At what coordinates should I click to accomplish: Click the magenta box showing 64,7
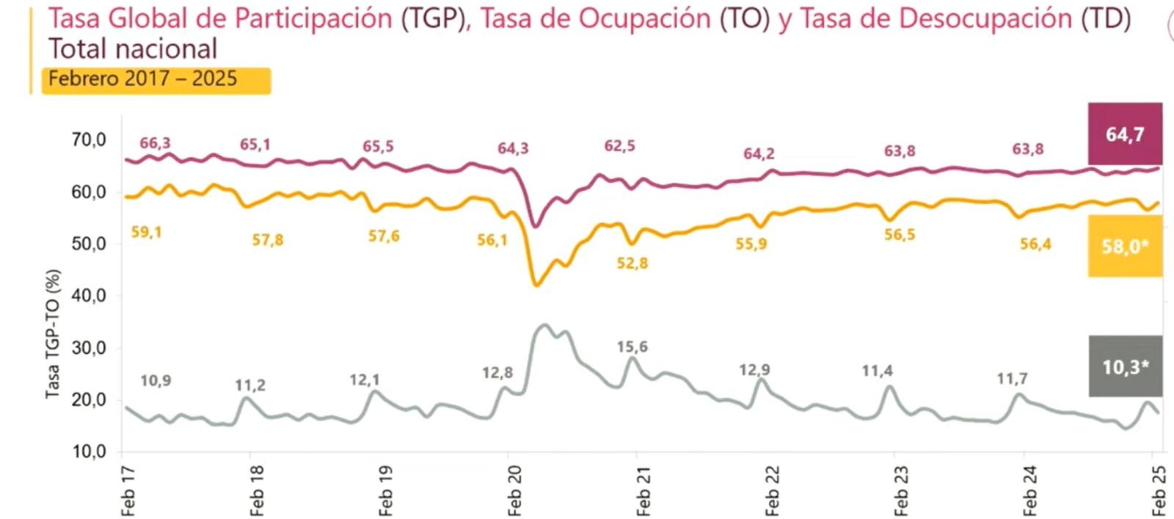(1125, 134)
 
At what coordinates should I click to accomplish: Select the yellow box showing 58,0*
(1125, 247)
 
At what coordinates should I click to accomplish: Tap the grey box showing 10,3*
(1125, 366)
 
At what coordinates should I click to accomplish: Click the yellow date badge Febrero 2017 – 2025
(156, 80)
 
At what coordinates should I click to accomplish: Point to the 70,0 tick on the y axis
(89, 139)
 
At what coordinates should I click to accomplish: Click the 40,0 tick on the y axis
(89, 296)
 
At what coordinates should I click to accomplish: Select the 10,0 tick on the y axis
(89, 451)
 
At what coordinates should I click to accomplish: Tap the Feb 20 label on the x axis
(514, 491)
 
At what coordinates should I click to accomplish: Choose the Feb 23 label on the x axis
(901, 491)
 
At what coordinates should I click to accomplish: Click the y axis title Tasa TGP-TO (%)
(53, 334)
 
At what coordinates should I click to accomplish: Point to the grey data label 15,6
(632, 346)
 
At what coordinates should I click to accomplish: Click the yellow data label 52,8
(632, 263)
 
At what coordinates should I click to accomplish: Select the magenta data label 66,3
(155, 143)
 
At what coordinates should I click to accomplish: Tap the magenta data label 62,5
(619, 146)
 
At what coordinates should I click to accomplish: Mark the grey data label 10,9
(156, 380)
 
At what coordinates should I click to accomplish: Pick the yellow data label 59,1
(146, 232)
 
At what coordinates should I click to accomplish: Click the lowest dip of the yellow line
(536, 285)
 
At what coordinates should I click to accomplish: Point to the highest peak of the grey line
(544, 324)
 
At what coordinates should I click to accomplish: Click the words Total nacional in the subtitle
(133, 49)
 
